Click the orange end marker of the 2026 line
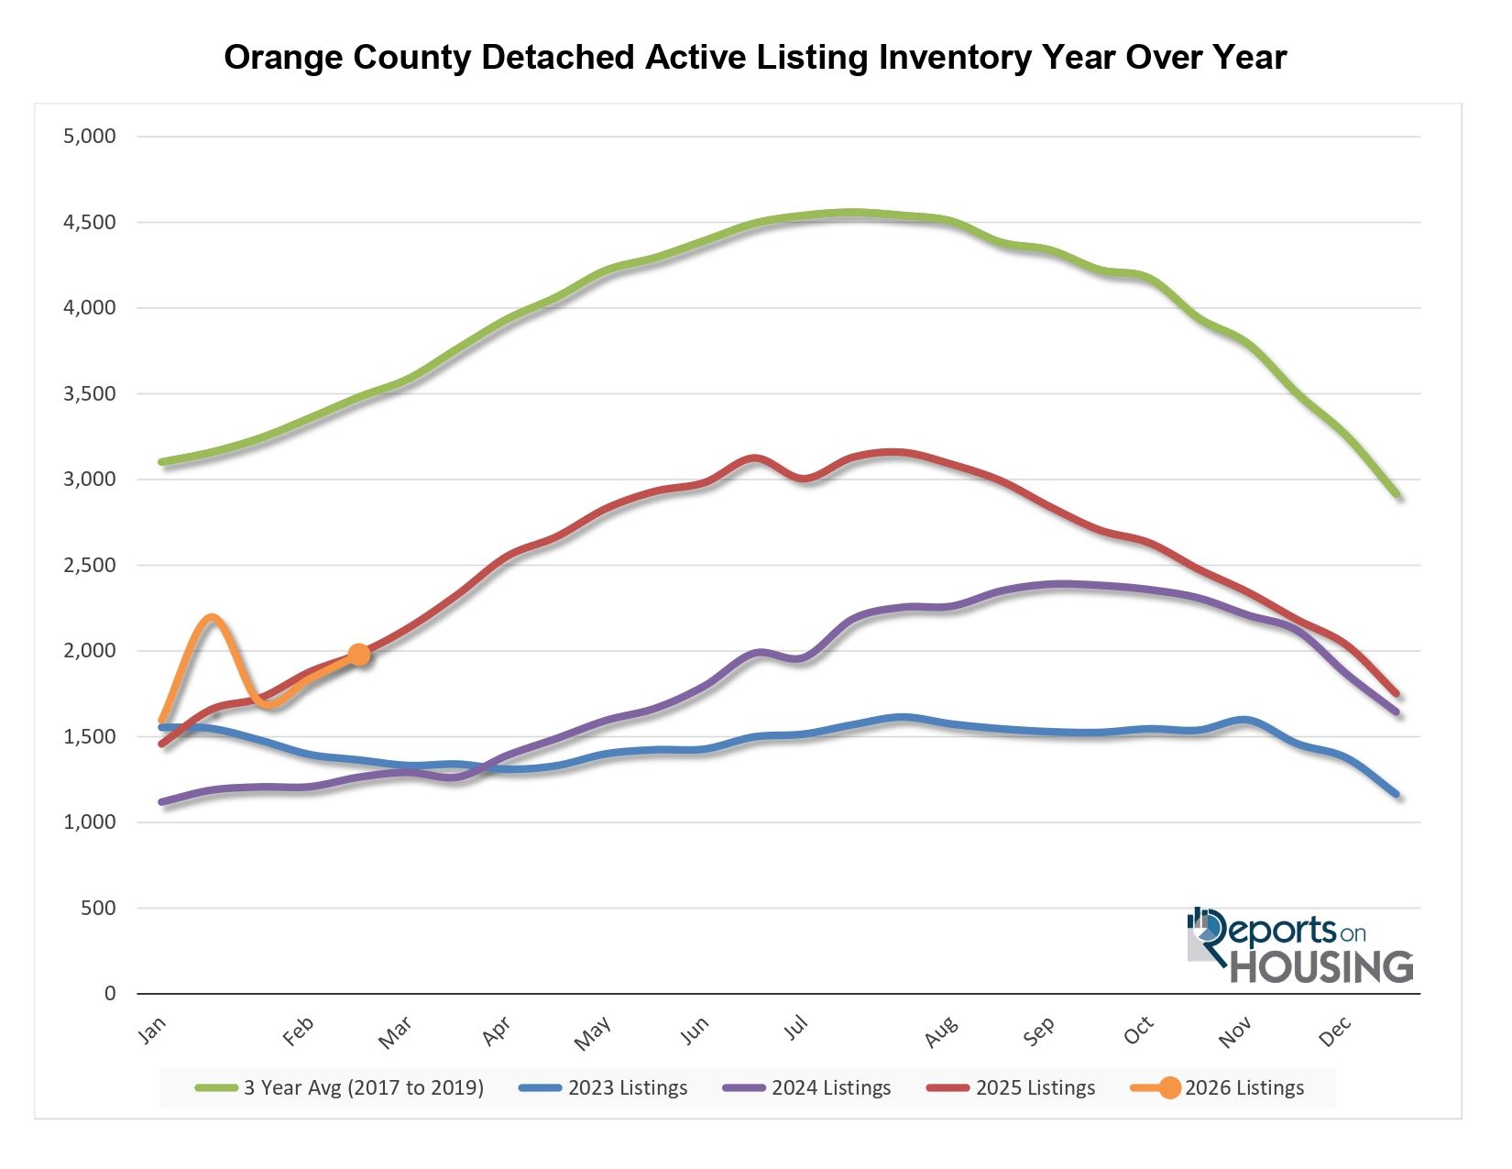[358, 654]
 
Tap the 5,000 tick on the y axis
[90, 137]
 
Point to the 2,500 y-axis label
[90, 565]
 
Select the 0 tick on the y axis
[110, 994]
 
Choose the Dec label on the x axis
[1334, 1032]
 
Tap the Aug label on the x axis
[941, 1032]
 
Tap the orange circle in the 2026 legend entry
[1169, 1088]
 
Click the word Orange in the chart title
[285, 58]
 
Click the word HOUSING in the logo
[1320, 967]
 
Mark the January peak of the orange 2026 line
[212, 617]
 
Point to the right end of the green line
[1397, 495]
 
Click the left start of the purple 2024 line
[162, 802]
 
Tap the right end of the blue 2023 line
[1397, 794]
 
